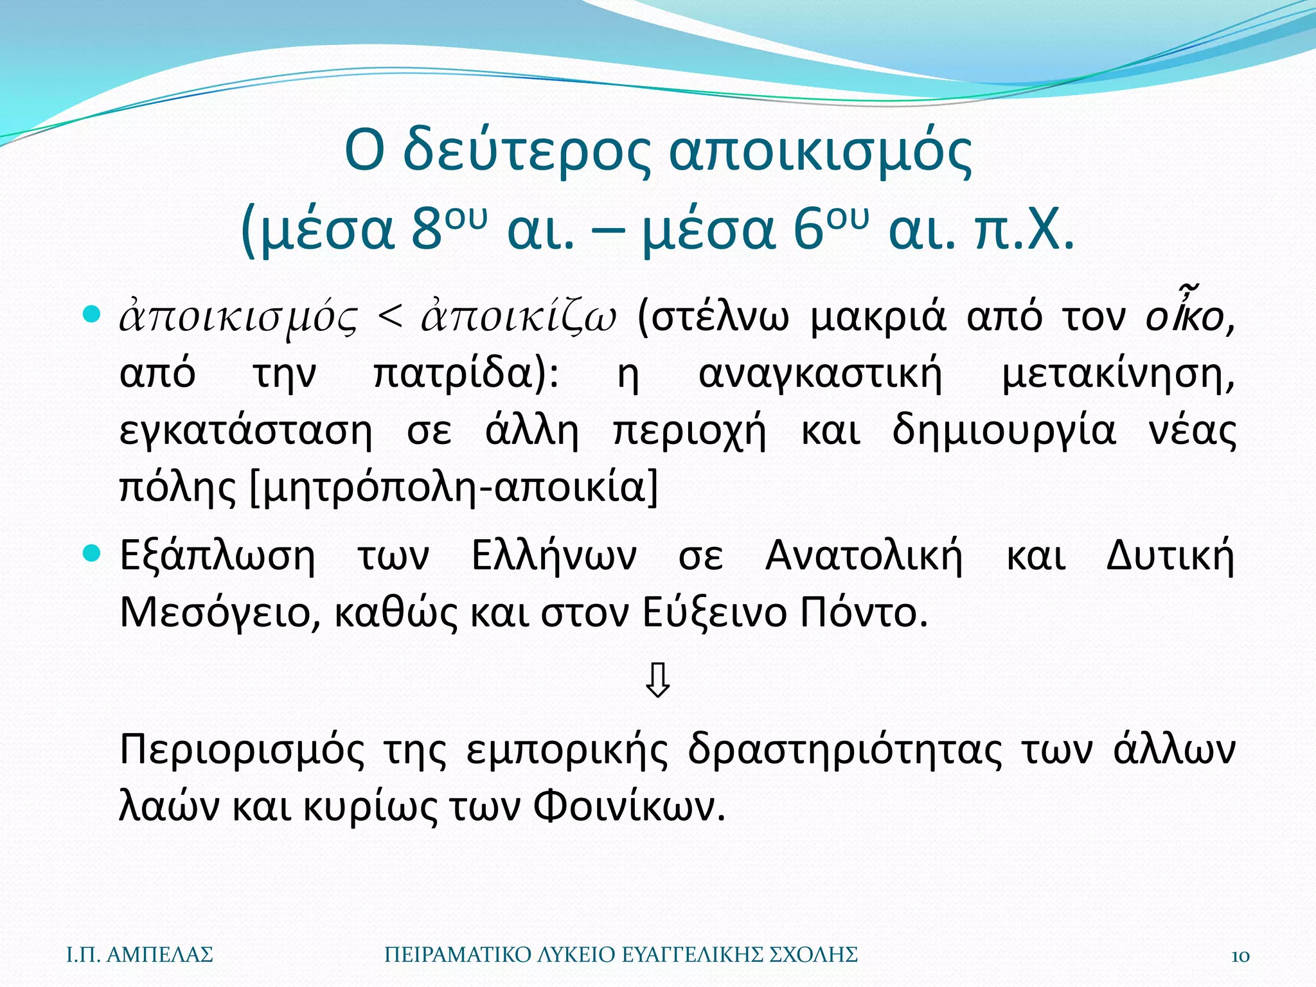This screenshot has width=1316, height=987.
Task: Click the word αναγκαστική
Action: [x=820, y=374]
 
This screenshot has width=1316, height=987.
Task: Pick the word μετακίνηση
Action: [x=1117, y=374]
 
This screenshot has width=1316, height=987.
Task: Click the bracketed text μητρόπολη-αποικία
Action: [x=453, y=488]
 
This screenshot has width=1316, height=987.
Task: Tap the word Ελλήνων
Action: [x=554, y=556]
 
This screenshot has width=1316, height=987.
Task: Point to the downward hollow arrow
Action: [x=658, y=681]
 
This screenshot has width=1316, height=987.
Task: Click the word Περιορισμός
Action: [x=242, y=751]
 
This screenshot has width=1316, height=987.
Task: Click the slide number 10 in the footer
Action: [x=1240, y=956]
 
